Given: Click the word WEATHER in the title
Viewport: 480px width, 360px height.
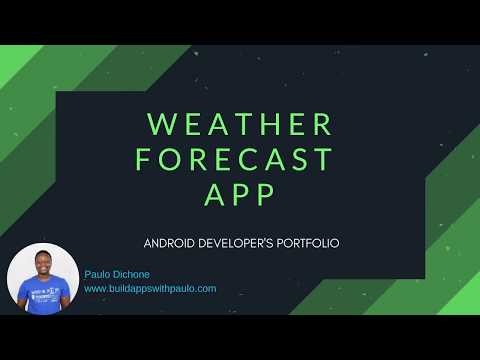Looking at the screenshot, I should point(240,124).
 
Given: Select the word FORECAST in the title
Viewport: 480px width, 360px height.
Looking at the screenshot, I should point(240,159).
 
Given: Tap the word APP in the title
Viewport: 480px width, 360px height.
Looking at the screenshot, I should point(240,195).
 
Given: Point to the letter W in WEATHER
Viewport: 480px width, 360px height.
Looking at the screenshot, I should point(162,124).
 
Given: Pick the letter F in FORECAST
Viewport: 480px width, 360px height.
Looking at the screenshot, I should point(146,159).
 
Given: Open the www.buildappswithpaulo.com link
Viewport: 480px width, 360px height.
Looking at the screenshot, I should point(150,288).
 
